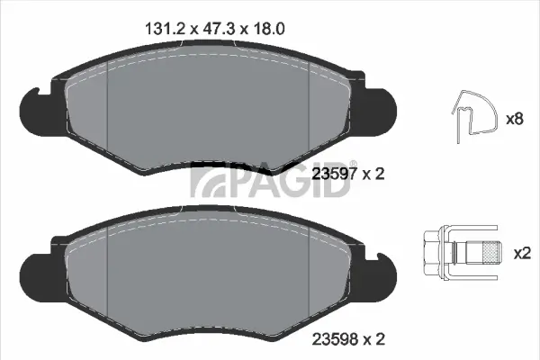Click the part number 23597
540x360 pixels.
(331, 175)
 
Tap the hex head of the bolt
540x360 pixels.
(429, 252)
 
